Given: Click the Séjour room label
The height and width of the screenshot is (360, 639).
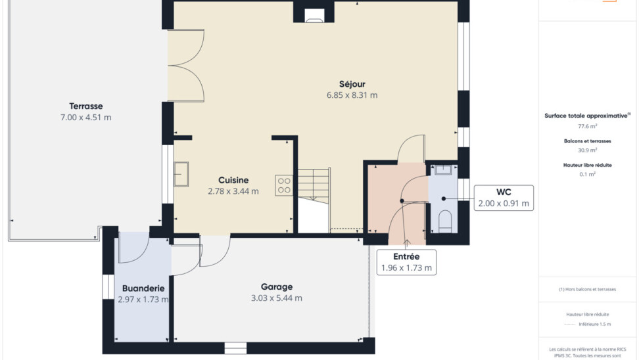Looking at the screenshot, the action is point(352,84).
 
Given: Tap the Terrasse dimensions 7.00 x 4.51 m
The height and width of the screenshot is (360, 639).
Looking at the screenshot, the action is point(85,118).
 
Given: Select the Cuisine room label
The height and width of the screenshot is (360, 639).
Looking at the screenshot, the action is point(233,180).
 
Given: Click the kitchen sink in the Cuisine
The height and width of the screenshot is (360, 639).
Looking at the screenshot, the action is point(181,174).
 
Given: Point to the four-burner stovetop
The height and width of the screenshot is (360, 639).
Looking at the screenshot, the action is point(284,185).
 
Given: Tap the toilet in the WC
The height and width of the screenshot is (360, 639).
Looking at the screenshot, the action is point(445,221).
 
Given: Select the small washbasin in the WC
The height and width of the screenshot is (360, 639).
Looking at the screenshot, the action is point(443,169).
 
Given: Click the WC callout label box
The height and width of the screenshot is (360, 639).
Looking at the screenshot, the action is point(504,198).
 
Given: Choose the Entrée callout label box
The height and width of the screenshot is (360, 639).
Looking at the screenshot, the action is point(406,262).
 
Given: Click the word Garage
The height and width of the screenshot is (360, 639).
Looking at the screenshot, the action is point(277,286).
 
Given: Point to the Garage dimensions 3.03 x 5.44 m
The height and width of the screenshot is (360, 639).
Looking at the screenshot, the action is point(277,298).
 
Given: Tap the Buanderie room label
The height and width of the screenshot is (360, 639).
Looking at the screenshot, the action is point(143,288).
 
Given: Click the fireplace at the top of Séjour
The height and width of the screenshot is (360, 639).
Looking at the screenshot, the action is point(314,15).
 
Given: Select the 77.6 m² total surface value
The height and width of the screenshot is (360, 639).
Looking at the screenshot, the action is point(587,126).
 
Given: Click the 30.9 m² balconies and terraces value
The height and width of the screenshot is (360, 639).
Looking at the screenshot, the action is point(587,150).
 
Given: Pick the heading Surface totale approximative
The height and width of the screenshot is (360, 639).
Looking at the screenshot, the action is point(586,116).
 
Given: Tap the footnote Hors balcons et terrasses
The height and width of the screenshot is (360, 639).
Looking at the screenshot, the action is point(587,289).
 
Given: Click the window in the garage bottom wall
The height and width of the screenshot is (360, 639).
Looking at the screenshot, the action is point(235,348).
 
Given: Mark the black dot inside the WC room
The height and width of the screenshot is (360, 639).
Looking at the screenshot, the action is point(443,199).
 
